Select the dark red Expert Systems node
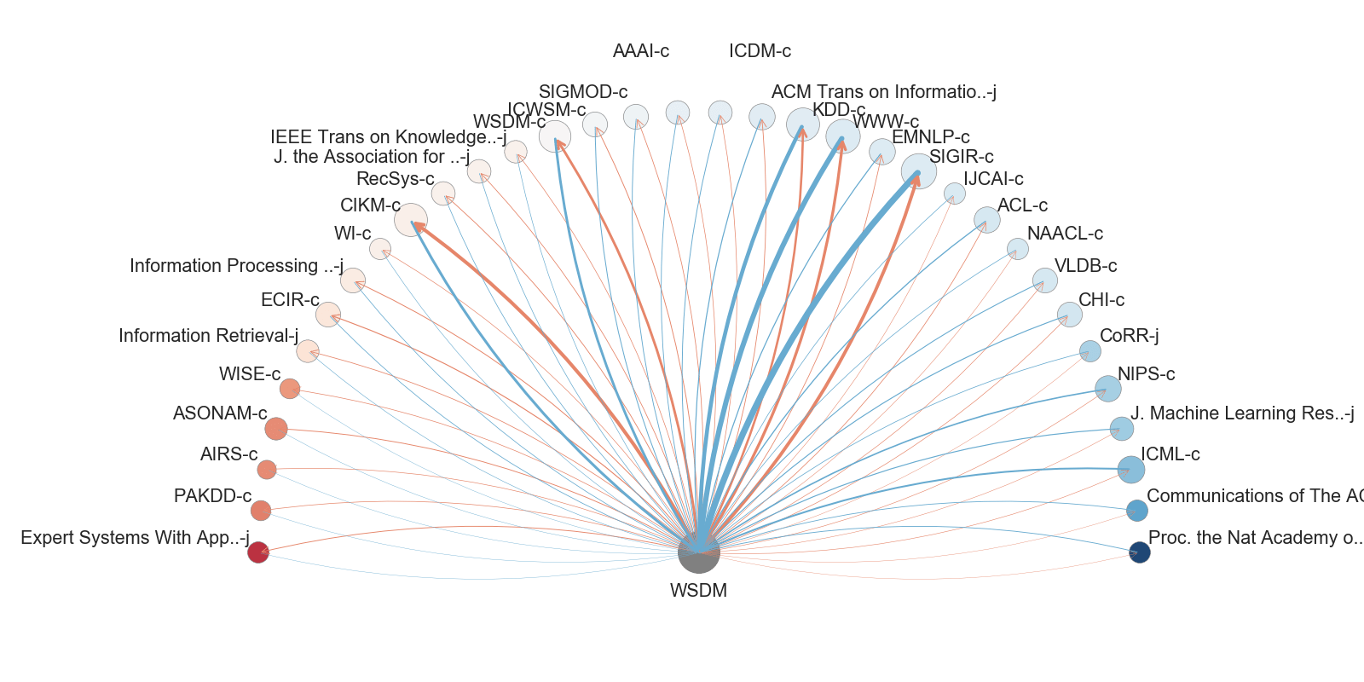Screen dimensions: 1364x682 (257, 552)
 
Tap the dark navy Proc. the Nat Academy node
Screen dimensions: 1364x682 (1139, 552)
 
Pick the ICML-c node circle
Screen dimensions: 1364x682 (1131, 469)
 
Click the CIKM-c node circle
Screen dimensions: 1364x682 (410, 220)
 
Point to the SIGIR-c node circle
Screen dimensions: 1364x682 (918, 171)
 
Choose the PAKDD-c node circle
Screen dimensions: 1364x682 (261, 511)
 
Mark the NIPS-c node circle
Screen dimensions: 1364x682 (1107, 389)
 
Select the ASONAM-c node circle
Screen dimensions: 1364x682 (275, 429)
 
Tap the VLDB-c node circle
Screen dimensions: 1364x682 (1044, 280)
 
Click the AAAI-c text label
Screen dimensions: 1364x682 (640, 51)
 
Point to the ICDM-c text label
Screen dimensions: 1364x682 (760, 51)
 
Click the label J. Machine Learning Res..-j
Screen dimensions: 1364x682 (1242, 413)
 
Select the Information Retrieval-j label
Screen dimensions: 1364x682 (209, 336)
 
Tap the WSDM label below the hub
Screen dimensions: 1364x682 (698, 590)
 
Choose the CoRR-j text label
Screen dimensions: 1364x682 (1129, 336)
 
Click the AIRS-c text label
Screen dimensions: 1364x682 (228, 454)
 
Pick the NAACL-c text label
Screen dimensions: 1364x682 (1065, 234)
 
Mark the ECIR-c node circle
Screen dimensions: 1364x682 (327, 315)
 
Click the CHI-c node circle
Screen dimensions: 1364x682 (1069, 315)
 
